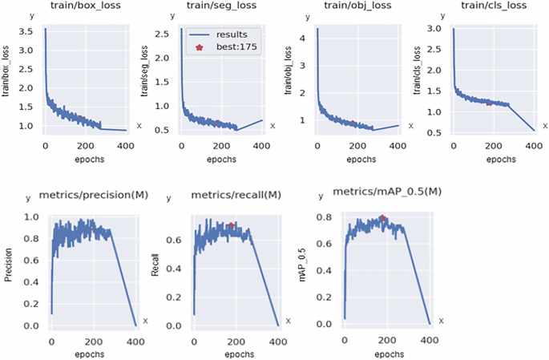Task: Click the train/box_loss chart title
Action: coord(86,6)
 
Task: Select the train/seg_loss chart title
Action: coord(222,6)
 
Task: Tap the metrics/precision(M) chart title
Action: coord(94,195)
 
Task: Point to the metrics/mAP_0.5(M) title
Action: coord(387,192)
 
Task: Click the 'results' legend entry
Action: coord(232,34)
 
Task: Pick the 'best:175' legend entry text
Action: coord(236,47)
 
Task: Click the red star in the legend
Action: coord(200,47)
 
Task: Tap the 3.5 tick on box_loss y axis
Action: coord(26,31)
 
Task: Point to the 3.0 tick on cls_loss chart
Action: coord(434,28)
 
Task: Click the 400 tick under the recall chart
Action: coord(278,342)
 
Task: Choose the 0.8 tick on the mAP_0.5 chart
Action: coord(324,217)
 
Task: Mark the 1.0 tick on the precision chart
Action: coord(31,216)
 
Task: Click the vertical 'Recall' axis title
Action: coord(155,265)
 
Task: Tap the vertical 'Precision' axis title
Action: coord(8,265)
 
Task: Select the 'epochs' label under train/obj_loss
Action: coord(361,160)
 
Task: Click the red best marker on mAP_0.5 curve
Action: coord(382,217)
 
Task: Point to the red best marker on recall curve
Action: coord(231,224)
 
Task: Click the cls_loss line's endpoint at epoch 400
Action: coord(535,131)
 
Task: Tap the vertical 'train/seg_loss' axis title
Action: coord(144,71)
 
